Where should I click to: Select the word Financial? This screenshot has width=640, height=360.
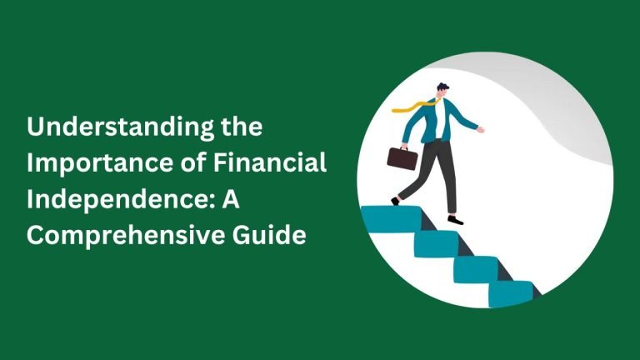coord(270,162)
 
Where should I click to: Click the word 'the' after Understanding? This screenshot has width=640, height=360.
coord(242,126)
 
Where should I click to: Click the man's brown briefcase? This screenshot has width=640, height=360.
coord(402,158)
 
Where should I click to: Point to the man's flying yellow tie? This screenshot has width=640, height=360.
coord(413,107)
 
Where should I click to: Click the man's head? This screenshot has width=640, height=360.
coord(442,91)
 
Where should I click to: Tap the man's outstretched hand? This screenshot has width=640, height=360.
coord(481,130)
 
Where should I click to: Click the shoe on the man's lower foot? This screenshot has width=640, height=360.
coord(456,220)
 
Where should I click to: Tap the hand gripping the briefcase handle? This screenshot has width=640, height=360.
coord(404,147)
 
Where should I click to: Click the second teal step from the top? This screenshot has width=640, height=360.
coord(437,244)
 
